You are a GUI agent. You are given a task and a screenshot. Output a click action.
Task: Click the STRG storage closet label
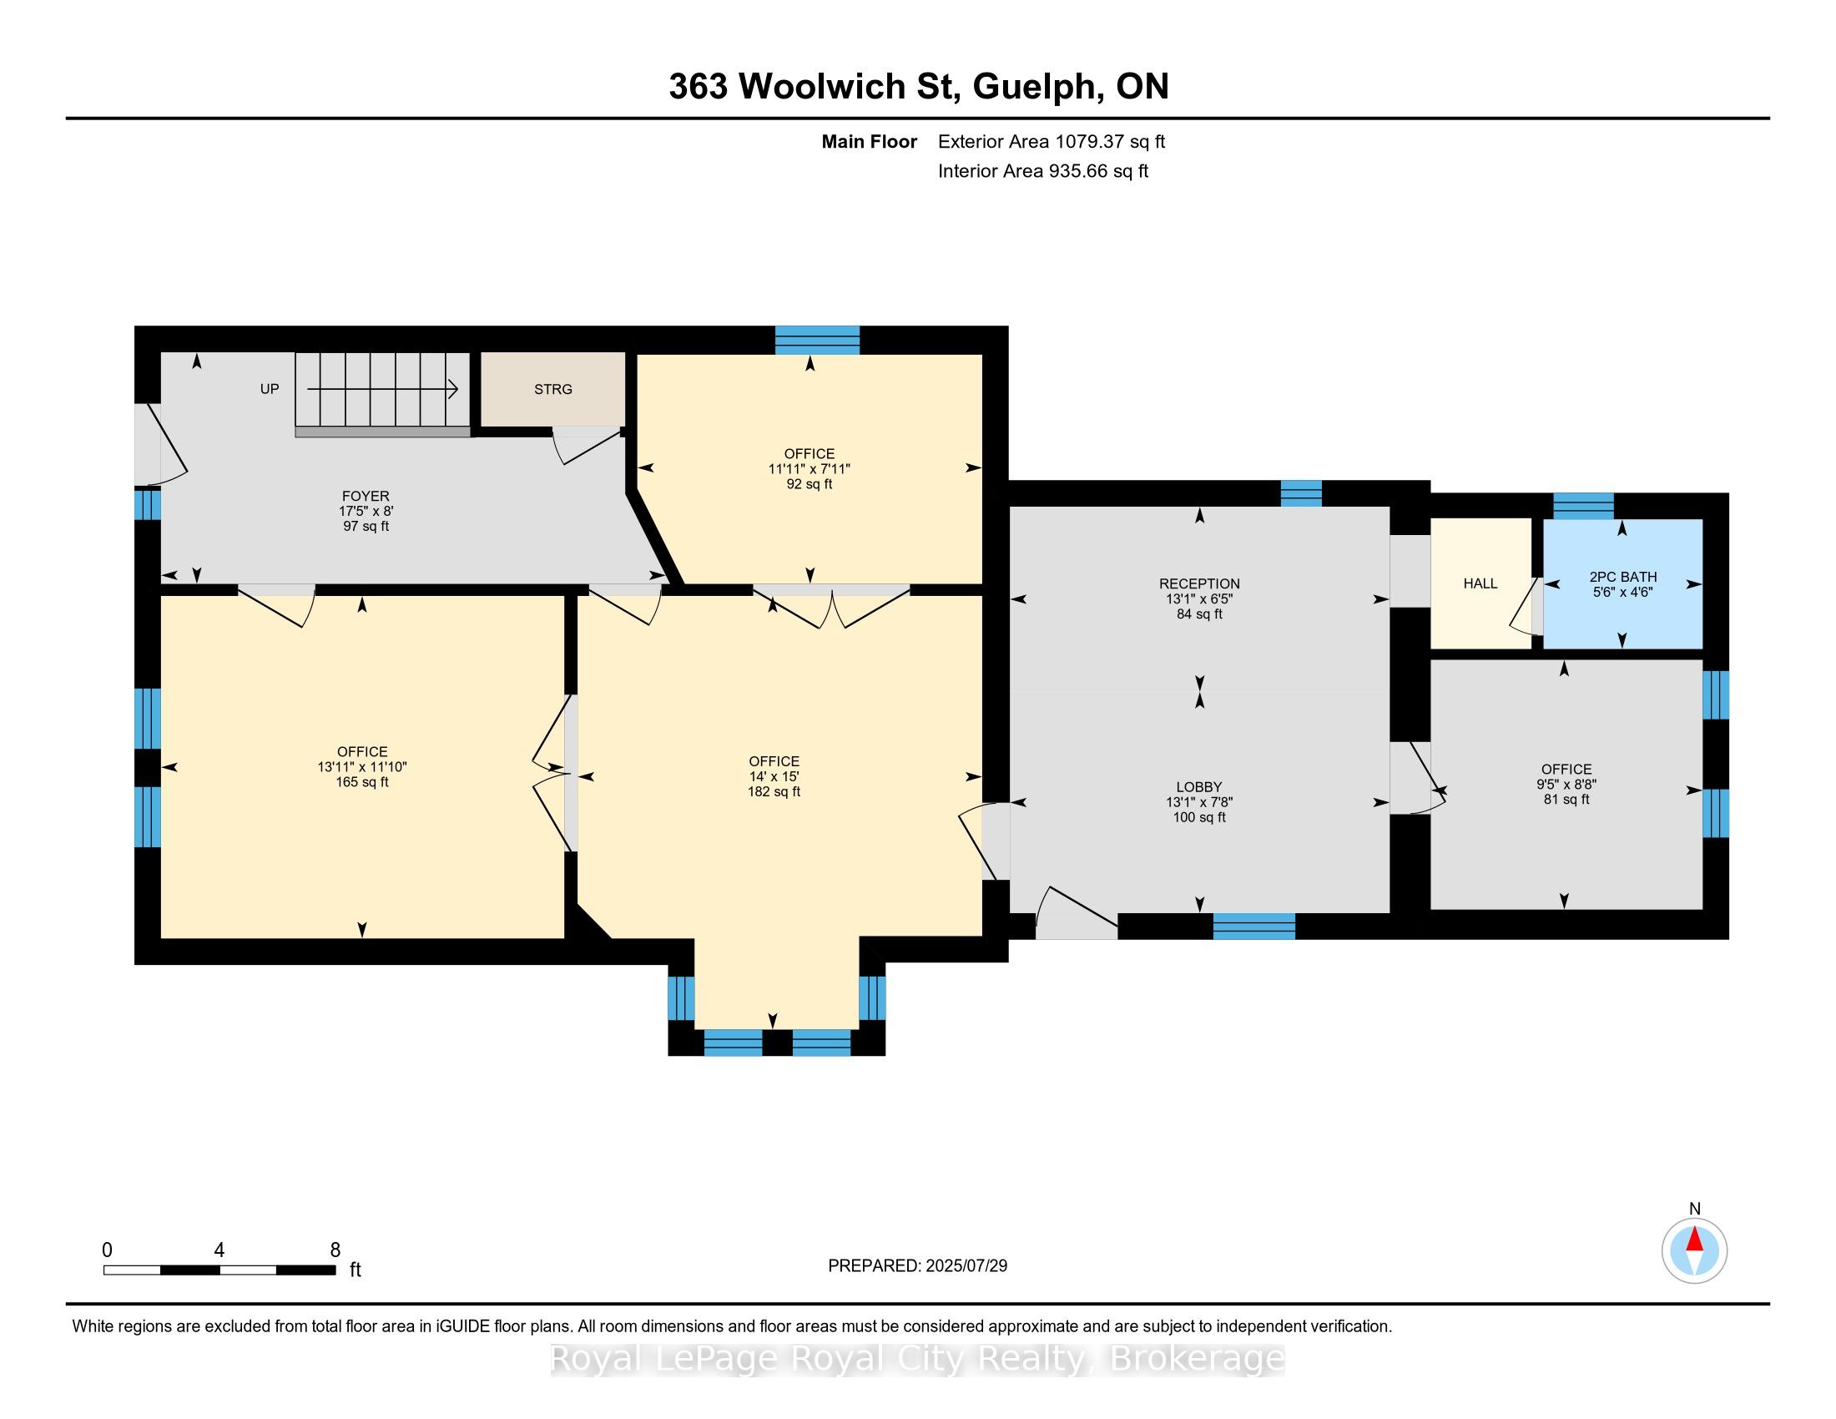click(x=553, y=389)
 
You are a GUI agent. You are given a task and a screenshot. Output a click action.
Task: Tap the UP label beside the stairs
click(x=269, y=389)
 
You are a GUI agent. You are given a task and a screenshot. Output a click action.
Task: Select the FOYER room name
click(x=366, y=496)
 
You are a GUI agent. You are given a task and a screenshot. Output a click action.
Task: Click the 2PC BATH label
click(x=1622, y=577)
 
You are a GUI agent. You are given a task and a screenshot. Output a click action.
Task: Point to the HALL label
click(x=1480, y=583)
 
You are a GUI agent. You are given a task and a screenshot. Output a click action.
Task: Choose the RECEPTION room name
click(x=1199, y=583)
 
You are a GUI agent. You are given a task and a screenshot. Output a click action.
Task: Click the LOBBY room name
click(x=1199, y=787)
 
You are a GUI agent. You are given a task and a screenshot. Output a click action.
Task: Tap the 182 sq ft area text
click(x=774, y=792)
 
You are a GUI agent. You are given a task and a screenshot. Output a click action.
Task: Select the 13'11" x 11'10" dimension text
click(x=362, y=766)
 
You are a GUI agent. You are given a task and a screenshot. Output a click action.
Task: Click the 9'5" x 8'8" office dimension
click(x=1567, y=785)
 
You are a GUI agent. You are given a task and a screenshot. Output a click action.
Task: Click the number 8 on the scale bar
click(x=335, y=1250)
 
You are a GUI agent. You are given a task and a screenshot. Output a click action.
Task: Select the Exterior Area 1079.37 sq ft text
click(x=1052, y=142)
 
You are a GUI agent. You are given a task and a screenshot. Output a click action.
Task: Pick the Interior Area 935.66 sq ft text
click(x=1043, y=171)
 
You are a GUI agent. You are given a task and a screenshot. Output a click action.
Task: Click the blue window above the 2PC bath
click(x=1583, y=506)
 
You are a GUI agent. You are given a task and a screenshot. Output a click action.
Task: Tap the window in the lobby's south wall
click(x=1254, y=926)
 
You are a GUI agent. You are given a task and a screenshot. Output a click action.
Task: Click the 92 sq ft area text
click(x=810, y=484)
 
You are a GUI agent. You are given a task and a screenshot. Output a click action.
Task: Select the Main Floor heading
click(x=870, y=142)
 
